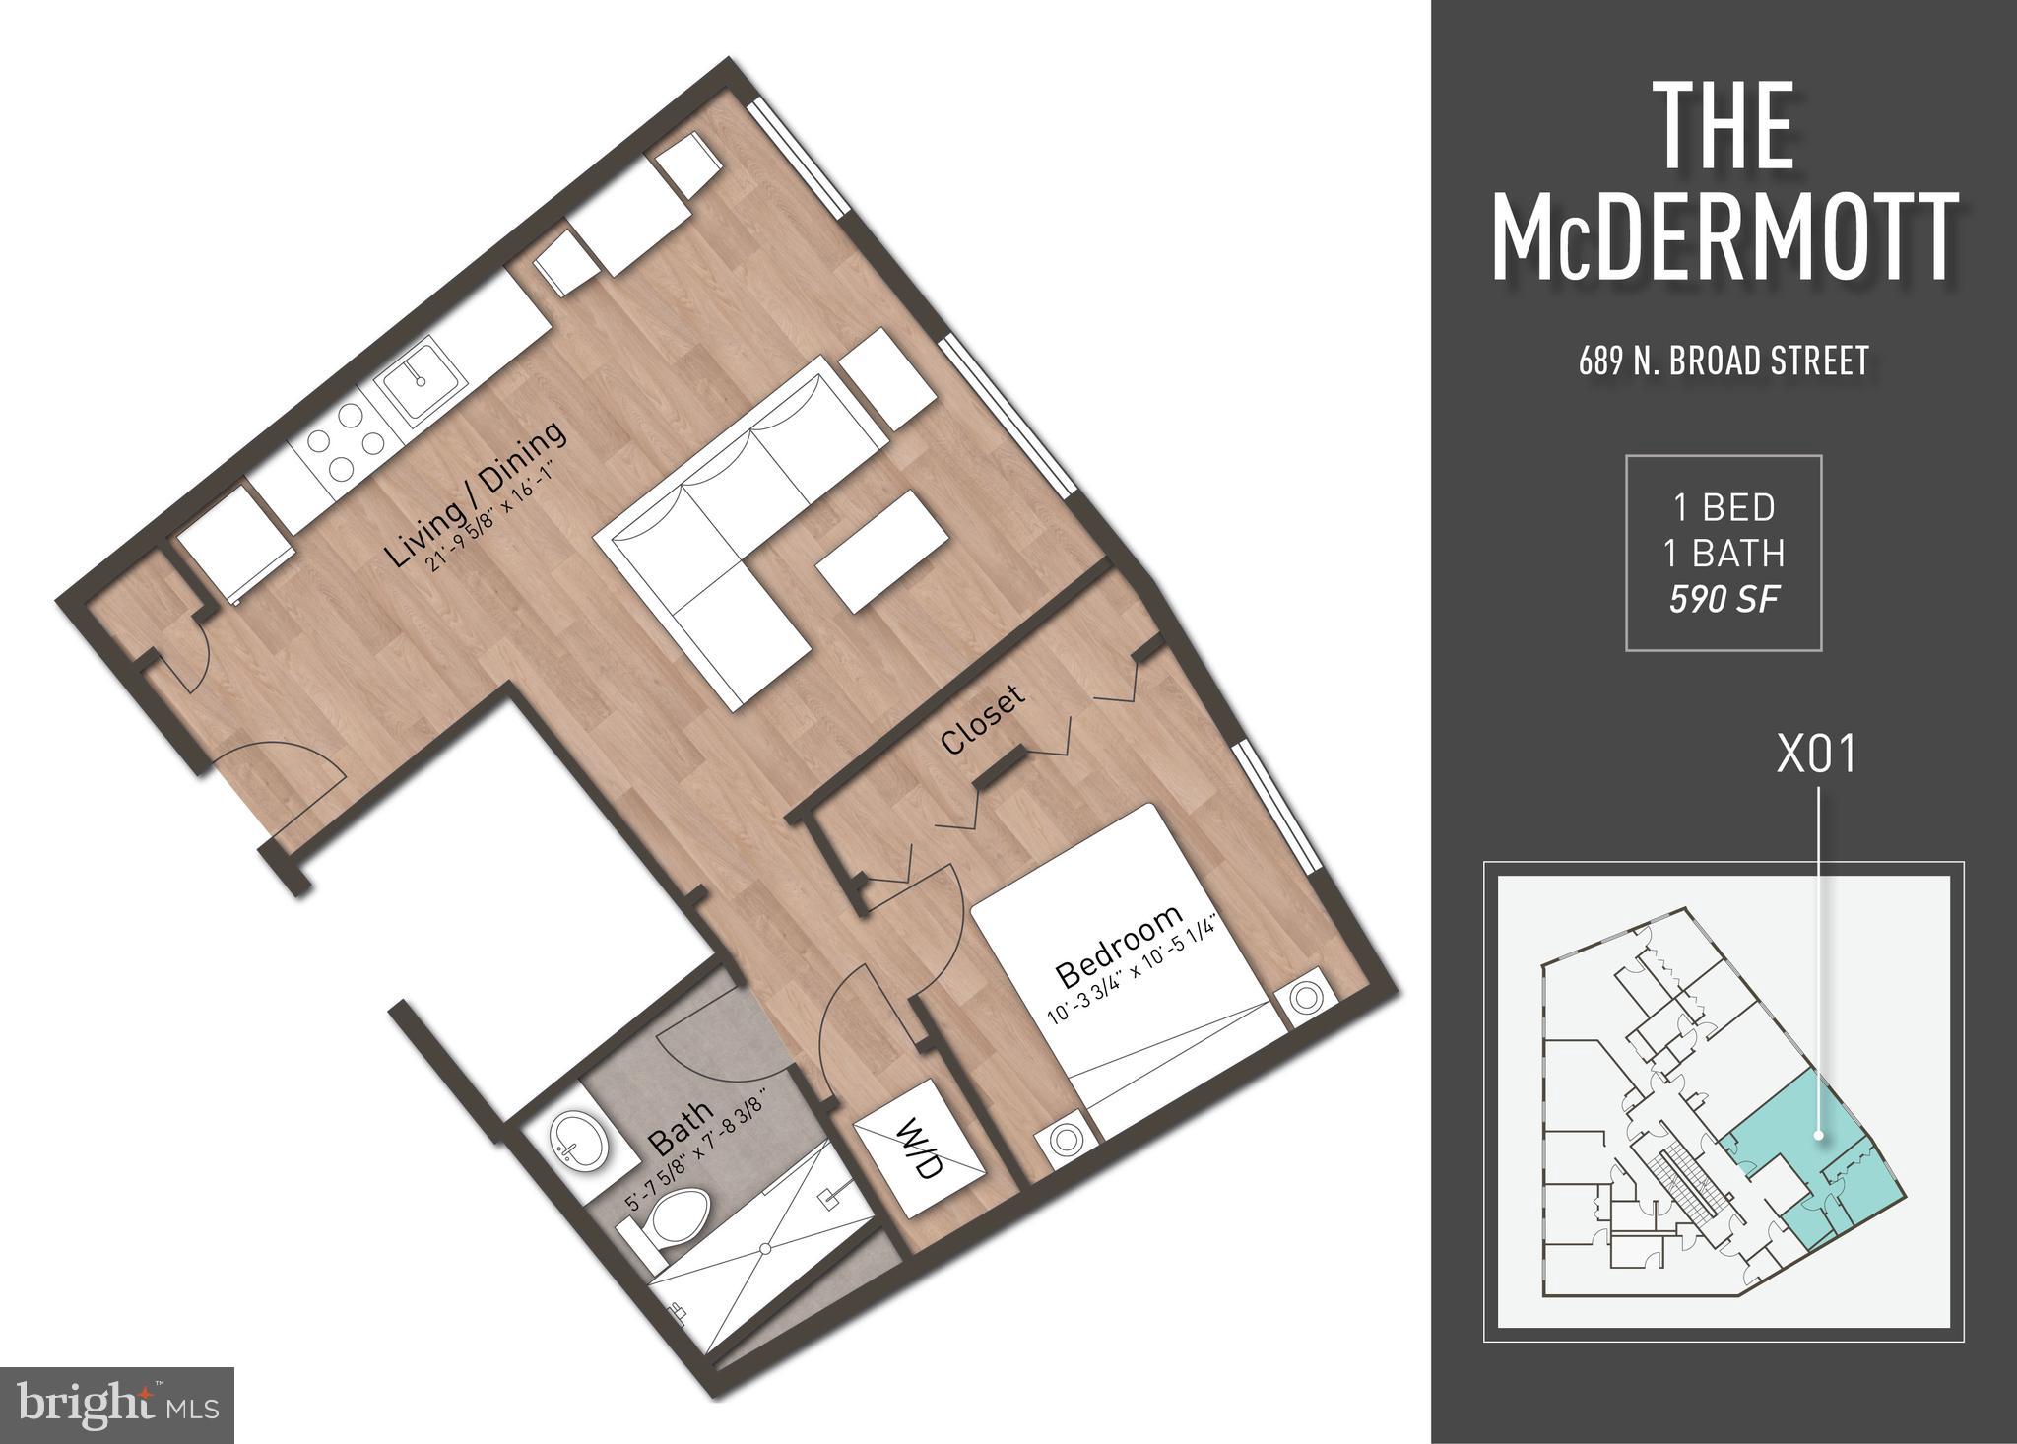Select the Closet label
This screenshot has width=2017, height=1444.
click(x=982, y=719)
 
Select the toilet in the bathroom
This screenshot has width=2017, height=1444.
click(x=674, y=1219)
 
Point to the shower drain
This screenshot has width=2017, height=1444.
click(x=765, y=1248)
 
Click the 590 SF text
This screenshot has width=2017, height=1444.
click(x=1724, y=599)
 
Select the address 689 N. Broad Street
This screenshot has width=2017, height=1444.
click(x=1724, y=361)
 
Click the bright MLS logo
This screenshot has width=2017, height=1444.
click(x=116, y=1400)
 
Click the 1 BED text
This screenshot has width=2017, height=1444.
click(x=1724, y=507)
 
